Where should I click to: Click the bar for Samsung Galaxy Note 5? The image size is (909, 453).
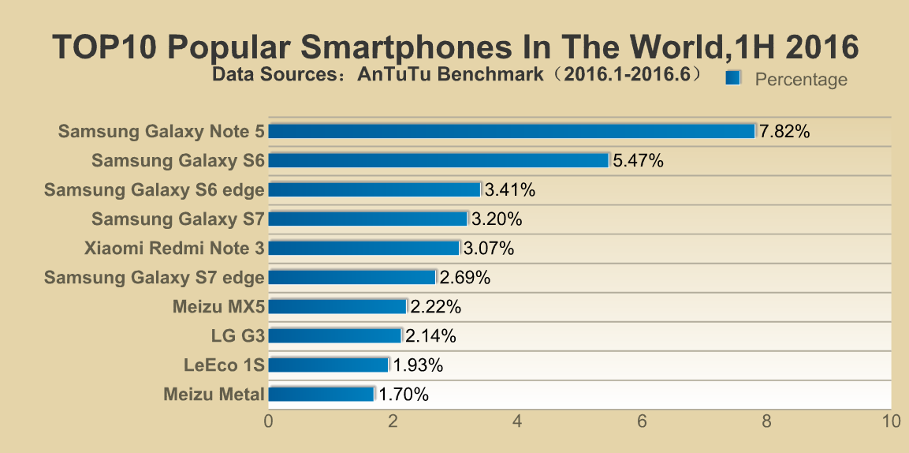point(512,131)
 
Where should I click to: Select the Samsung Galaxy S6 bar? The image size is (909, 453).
point(438,160)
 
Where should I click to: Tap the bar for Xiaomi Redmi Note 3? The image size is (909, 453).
point(363,248)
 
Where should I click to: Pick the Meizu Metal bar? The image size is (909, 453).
point(321,394)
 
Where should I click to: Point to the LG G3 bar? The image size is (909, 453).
point(335,335)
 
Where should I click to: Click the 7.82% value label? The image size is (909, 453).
point(784,132)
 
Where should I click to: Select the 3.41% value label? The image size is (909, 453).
point(510,190)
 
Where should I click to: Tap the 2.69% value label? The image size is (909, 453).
point(465,278)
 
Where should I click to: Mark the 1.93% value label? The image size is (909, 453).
point(418,365)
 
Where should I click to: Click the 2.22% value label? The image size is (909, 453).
point(435,307)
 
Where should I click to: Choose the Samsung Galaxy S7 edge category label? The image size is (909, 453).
point(155,278)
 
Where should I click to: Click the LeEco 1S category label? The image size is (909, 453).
point(224,365)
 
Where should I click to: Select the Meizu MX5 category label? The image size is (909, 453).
point(218,307)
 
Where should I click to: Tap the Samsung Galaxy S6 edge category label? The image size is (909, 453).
point(155,190)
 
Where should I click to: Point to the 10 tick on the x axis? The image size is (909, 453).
point(891,421)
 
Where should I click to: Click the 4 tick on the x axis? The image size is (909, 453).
point(518,421)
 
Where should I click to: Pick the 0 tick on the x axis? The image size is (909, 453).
point(269,421)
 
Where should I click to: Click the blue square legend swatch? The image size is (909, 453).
point(733,77)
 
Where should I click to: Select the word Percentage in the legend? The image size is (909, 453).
point(801,80)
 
